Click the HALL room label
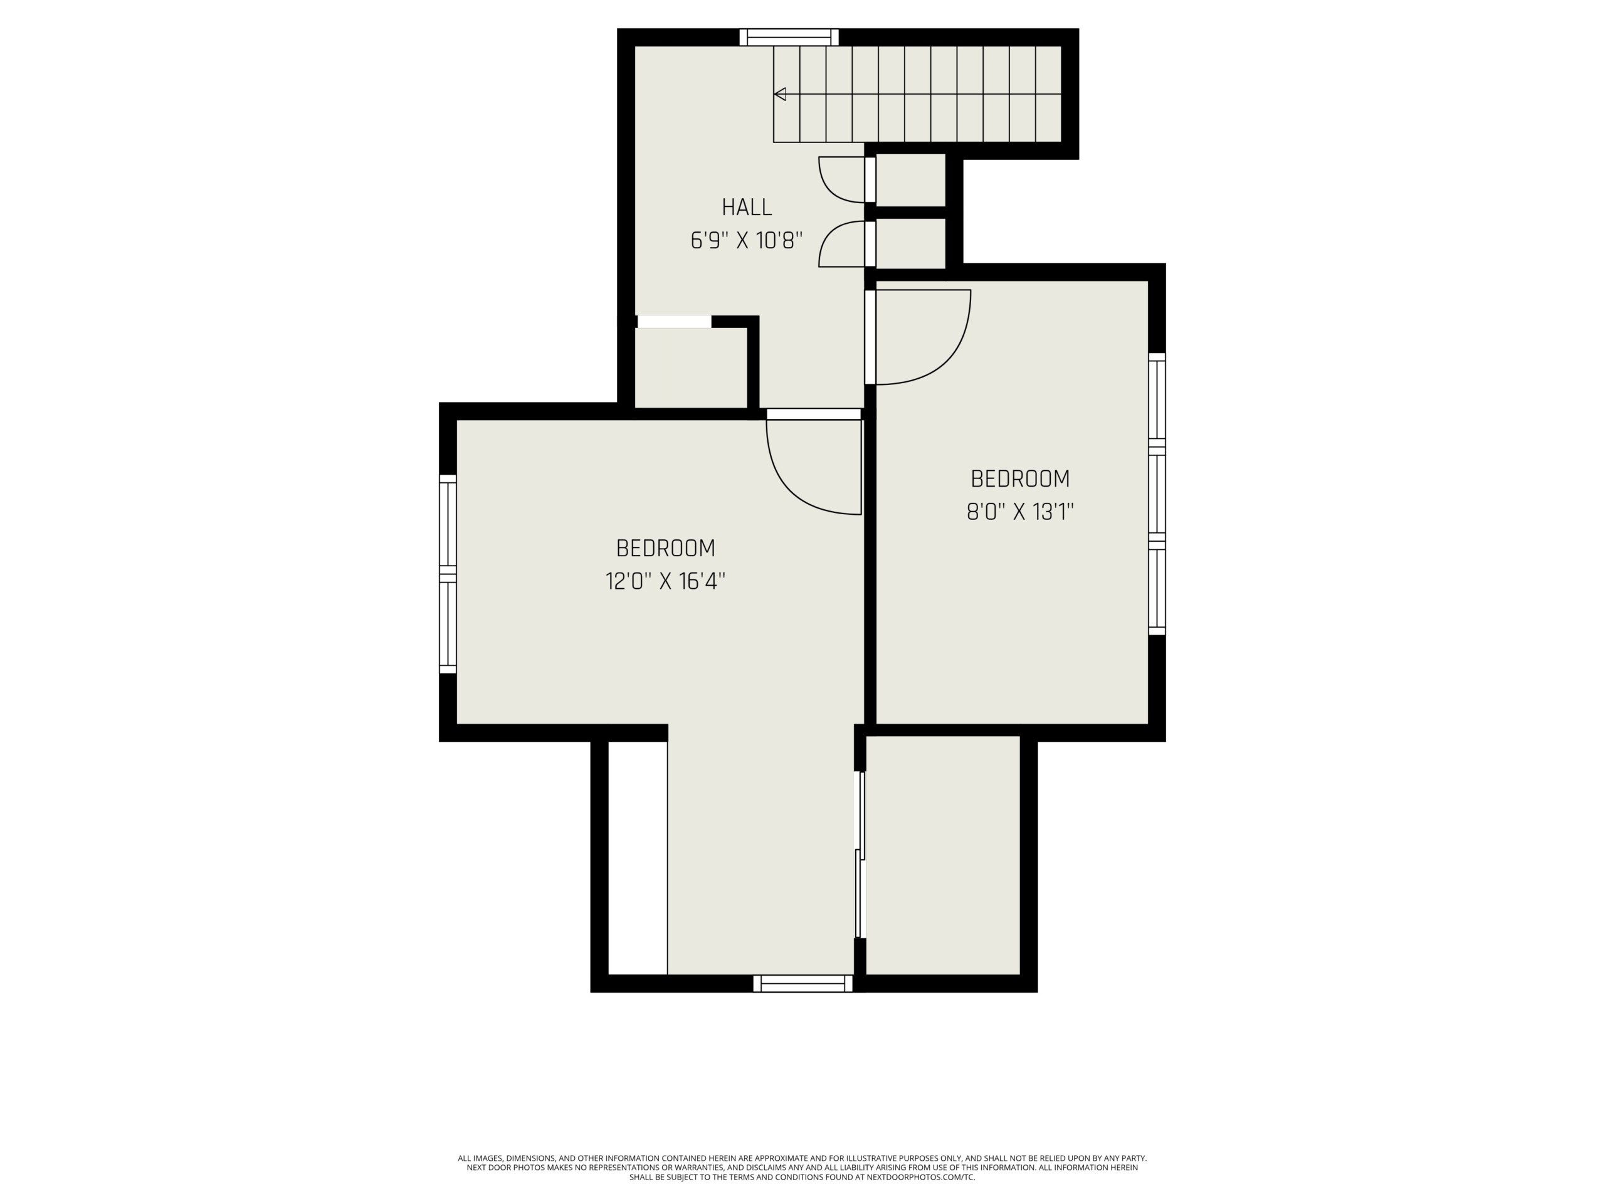pyautogui.click(x=747, y=208)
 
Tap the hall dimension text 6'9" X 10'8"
pyautogui.click(x=747, y=240)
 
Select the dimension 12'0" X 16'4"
pyautogui.click(x=665, y=581)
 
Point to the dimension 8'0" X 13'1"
pyautogui.click(x=1019, y=512)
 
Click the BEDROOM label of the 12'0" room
pyautogui.click(x=665, y=548)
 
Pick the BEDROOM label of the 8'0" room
pyautogui.click(x=1019, y=479)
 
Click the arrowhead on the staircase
pyautogui.click(x=780, y=93)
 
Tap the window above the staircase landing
pyautogui.click(x=789, y=37)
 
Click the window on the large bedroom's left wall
pyautogui.click(x=448, y=574)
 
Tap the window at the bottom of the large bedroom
pyautogui.click(x=802, y=983)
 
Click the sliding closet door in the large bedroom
pyautogui.click(x=861, y=854)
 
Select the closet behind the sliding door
pyautogui.click(x=944, y=855)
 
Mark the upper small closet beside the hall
pyautogui.click(x=910, y=180)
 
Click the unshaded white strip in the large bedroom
pyautogui.click(x=637, y=858)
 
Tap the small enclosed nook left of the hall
pyautogui.click(x=691, y=368)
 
